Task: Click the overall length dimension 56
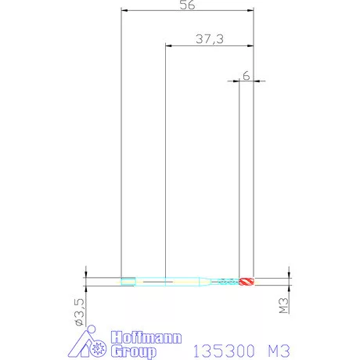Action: (x=187, y=5)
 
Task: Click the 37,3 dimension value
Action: (x=210, y=39)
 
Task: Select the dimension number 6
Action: (x=246, y=76)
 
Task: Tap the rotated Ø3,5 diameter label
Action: (x=80, y=312)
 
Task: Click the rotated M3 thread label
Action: (x=284, y=305)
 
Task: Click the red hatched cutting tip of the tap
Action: (x=247, y=282)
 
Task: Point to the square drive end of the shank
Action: (x=128, y=282)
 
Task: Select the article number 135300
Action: (x=224, y=351)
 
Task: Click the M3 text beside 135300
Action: (x=279, y=351)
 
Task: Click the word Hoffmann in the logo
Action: (x=146, y=337)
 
